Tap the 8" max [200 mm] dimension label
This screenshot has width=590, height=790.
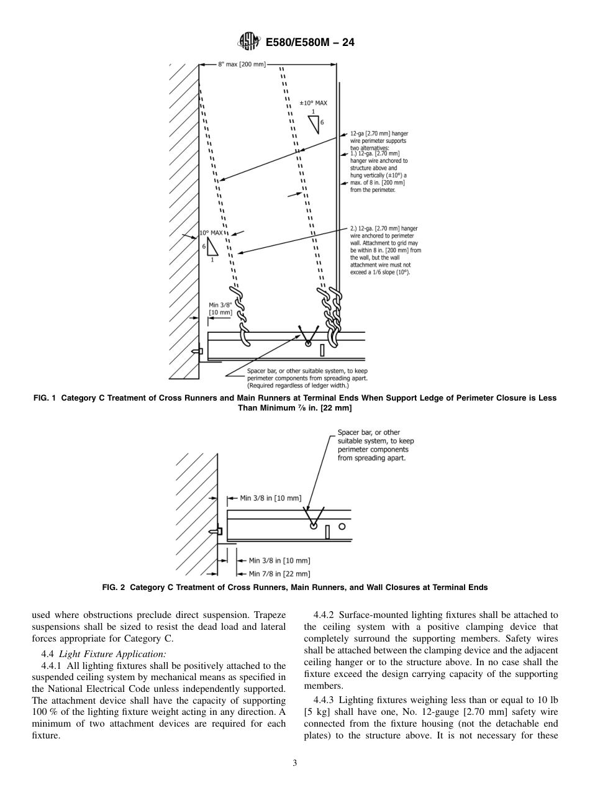(242, 64)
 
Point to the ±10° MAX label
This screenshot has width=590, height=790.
(313, 103)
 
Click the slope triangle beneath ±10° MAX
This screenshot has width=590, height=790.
(314, 124)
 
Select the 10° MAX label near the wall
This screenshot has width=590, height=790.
(211, 234)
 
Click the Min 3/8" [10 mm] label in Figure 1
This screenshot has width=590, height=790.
(220, 309)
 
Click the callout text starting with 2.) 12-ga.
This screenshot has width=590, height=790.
(385, 250)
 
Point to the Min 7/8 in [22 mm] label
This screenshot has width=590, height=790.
(279, 574)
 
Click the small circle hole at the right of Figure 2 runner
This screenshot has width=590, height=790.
(342, 526)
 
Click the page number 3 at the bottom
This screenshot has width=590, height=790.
(295, 763)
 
